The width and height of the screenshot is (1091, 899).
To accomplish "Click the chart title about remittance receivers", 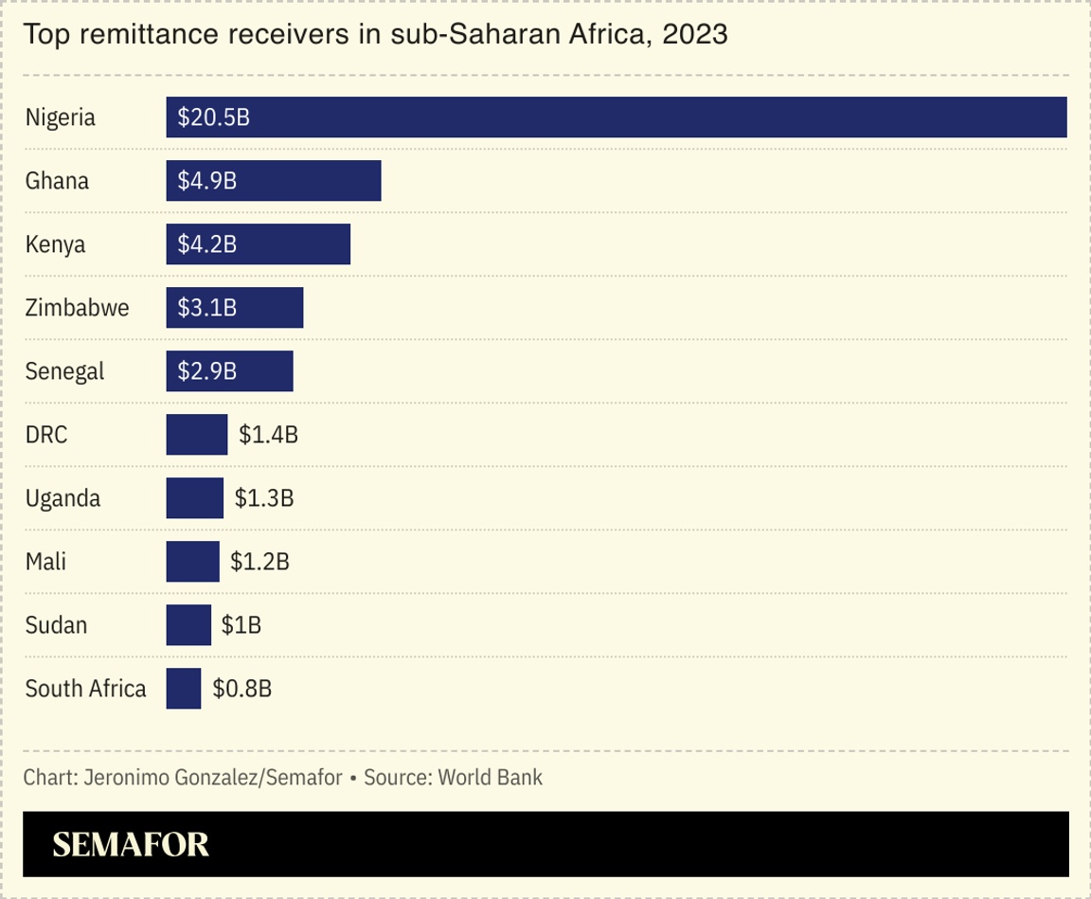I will [375, 35].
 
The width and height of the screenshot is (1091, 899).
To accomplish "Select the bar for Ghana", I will [274, 181].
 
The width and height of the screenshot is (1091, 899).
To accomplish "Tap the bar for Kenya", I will [258, 244].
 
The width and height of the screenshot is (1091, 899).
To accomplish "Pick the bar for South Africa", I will [183, 689].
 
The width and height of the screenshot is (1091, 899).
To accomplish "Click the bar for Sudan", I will [188, 625].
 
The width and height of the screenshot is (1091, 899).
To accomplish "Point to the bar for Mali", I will [192, 562].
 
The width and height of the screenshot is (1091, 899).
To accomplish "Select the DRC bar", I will [197, 435].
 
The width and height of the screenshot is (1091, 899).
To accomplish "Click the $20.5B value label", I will [214, 117].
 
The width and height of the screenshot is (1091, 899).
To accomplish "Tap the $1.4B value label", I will [268, 435].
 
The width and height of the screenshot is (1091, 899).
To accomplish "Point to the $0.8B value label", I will [242, 689].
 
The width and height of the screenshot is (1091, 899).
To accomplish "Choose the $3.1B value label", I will [207, 308].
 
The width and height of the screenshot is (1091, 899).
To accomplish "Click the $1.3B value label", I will [264, 498].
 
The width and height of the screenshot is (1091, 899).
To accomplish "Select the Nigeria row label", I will [61, 117].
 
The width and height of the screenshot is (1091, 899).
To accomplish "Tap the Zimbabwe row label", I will [78, 308].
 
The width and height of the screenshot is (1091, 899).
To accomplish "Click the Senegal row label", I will [65, 371].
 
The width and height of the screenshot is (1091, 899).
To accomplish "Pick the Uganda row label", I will [63, 498].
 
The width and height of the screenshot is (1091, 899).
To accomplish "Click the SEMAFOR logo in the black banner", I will [131, 844].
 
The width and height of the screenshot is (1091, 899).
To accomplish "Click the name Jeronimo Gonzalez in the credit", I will [171, 778].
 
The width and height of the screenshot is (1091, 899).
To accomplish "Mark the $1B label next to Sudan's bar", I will [241, 625].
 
